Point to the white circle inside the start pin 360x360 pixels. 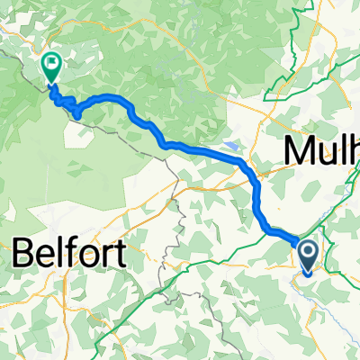(x=308, y=252)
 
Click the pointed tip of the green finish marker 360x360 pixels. (x=50, y=85)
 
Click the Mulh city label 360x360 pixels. (x=322, y=150)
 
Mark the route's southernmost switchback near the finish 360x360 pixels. (x=77, y=115)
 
